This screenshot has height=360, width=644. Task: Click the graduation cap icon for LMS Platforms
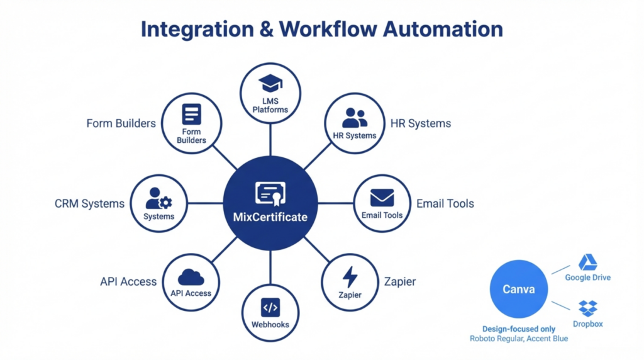coord(270,83)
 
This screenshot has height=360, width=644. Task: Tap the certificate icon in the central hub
coord(270,194)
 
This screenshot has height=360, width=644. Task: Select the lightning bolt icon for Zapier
coord(350,277)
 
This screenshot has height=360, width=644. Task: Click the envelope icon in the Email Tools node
coord(382,198)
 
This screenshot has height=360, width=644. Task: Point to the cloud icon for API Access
coord(191,277)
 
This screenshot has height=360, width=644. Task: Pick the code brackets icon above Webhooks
coord(270,308)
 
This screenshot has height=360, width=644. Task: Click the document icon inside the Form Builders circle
coord(191,115)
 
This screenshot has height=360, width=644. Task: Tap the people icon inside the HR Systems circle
coord(355,118)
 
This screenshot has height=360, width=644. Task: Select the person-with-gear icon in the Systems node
coord(158,198)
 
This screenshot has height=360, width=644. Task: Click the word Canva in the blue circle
coord(518,290)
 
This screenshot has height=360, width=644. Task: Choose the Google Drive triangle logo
coord(587,262)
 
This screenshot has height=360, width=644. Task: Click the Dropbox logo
coord(588,308)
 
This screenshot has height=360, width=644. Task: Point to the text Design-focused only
coord(519,329)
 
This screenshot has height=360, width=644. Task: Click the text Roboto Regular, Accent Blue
coord(519,339)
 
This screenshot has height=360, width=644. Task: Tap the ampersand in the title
coord(264,29)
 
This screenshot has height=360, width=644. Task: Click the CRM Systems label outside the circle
coord(89,204)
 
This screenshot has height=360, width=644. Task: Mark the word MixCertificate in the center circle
coord(270,217)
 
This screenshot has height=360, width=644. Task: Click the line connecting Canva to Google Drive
coord(561,269)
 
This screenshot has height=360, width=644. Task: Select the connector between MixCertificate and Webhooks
coord(270,267)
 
